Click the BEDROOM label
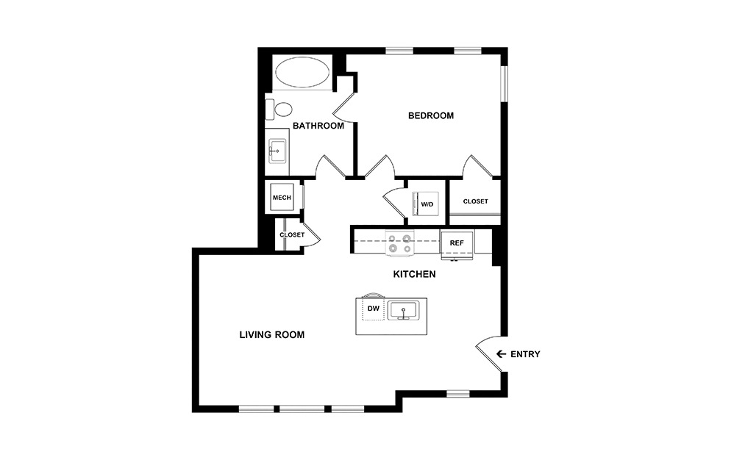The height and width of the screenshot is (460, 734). pos(431,115)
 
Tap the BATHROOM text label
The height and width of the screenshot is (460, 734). pos(318,126)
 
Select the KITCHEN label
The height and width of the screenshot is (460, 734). pos(414,274)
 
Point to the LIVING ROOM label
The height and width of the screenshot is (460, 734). pos(271,335)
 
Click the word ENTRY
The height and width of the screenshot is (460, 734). pos(525,354)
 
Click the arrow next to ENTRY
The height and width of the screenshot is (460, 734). pos(501,354)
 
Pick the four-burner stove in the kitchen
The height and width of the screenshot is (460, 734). pos(399,243)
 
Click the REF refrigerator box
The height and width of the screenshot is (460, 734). pos(456,242)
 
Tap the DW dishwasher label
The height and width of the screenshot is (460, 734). pos(373,309)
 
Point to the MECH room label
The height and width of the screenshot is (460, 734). pos(282,198)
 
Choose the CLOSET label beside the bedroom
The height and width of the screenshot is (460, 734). pos(475,201)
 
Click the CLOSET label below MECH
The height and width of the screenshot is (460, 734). pos(291,235)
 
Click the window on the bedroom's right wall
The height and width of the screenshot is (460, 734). pos(504,85)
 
